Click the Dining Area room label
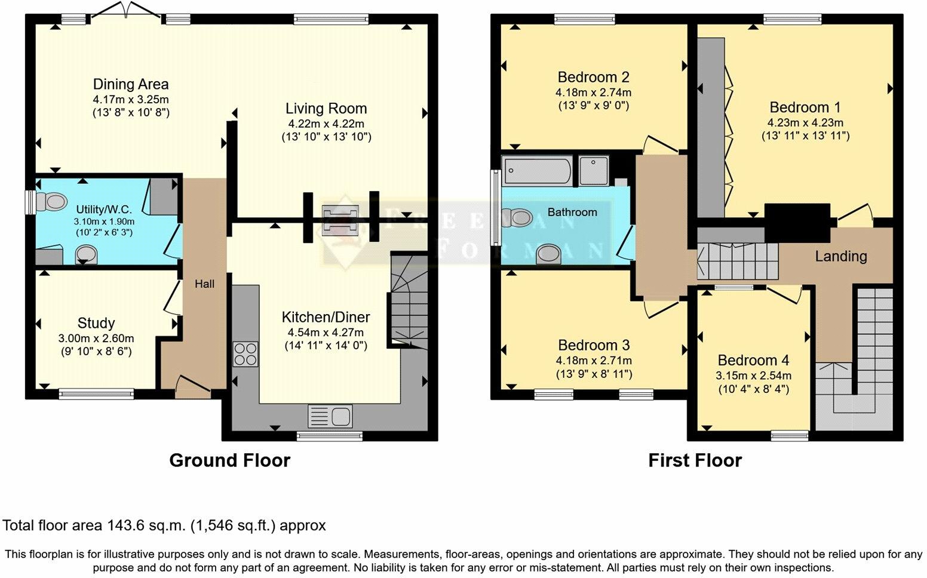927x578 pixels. [x=131, y=84]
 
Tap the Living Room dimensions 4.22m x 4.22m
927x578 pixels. [x=326, y=124]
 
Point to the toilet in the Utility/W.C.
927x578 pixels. [x=51, y=202]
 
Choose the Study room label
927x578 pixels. [x=96, y=323]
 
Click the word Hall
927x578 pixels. [x=204, y=284]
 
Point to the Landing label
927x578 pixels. [x=841, y=256]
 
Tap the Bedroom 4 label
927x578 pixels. [x=753, y=360]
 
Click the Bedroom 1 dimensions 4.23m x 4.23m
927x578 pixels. [x=805, y=123]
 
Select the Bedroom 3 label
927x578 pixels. [x=594, y=345]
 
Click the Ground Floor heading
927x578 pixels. [x=229, y=460]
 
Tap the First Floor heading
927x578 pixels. [x=695, y=460]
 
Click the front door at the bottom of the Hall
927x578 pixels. [x=193, y=385]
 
